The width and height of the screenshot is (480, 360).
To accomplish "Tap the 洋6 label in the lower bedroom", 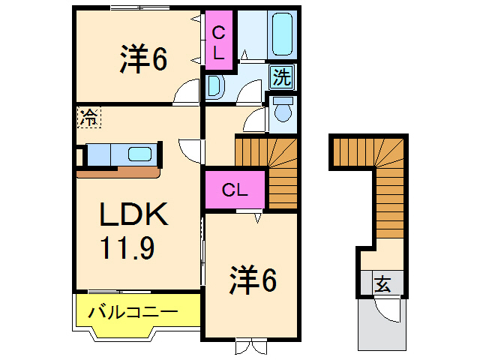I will [253, 281].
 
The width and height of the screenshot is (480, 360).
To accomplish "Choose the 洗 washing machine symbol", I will [281, 76].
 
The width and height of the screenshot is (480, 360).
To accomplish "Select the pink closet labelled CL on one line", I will [234, 190].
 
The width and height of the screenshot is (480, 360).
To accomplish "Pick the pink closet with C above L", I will [219, 41].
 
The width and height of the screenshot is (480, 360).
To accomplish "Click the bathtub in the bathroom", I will [281, 34].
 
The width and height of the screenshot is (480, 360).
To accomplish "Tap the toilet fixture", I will [283, 110].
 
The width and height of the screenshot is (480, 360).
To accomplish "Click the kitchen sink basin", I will [139, 154].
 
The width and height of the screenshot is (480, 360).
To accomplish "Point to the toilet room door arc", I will [255, 118].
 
